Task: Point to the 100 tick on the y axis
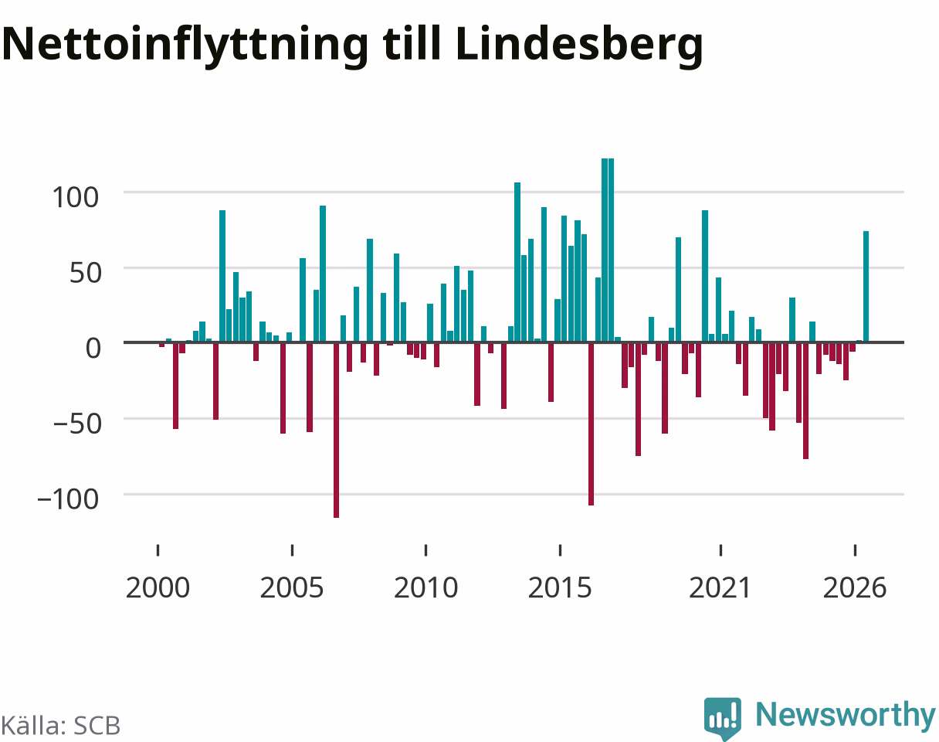coord(76,197)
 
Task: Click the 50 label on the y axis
coord(85,273)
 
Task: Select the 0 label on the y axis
coord(93,349)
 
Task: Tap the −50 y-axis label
coord(77,424)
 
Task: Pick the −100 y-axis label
coord(69,499)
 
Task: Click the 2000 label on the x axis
coord(158,588)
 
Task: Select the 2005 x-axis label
coord(292,588)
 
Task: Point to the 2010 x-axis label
coord(425,588)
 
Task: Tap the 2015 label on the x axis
coord(560,588)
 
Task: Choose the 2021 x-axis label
coord(720,588)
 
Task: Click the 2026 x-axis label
coord(855,588)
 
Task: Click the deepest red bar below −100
coord(336,431)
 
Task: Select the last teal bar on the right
coord(866,287)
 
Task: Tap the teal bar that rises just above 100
coord(517,262)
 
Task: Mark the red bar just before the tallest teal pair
coord(591,424)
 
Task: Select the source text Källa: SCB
coord(61,726)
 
